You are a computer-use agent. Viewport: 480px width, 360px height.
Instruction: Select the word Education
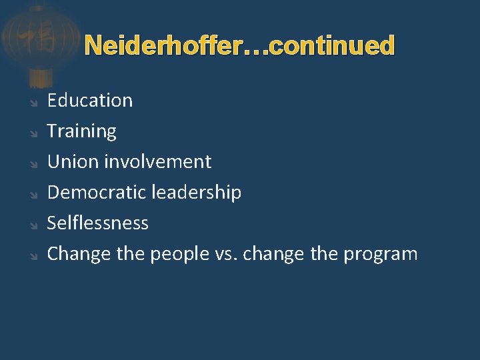(x=90, y=101)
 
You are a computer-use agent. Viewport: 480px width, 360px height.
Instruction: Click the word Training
(x=81, y=131)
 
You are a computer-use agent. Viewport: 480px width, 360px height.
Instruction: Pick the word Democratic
(x=97, y=192)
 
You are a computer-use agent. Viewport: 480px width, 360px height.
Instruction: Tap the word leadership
(x=196, y=192)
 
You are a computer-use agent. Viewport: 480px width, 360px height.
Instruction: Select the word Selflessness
(x=97, y=223)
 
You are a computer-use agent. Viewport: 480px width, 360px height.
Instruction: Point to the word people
(x=179, y=254)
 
